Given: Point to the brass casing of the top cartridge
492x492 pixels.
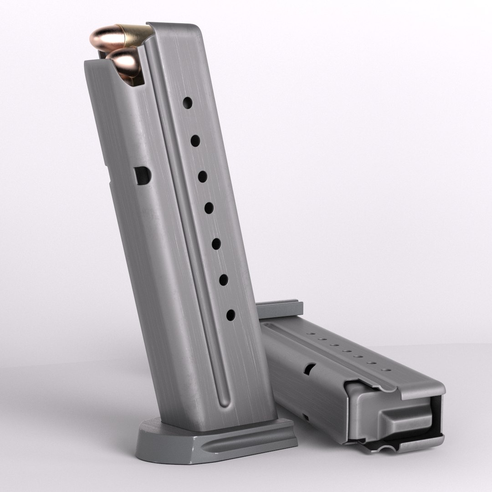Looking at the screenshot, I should click(134, 34).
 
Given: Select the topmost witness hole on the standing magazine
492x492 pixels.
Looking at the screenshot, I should click(188, 102).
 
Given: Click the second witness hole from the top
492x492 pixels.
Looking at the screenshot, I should click(195, 141).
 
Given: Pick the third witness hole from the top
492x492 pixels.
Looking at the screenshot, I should click(202, 176).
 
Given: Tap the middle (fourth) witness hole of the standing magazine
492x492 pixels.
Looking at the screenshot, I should click(209, 208).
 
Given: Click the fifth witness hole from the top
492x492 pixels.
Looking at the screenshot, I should click(216, 244).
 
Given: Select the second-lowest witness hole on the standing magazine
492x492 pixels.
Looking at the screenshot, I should click(224, 280).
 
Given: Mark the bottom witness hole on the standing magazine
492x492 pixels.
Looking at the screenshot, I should click(231, 315).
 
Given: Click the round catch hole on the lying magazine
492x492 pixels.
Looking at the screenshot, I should click(310, 369).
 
